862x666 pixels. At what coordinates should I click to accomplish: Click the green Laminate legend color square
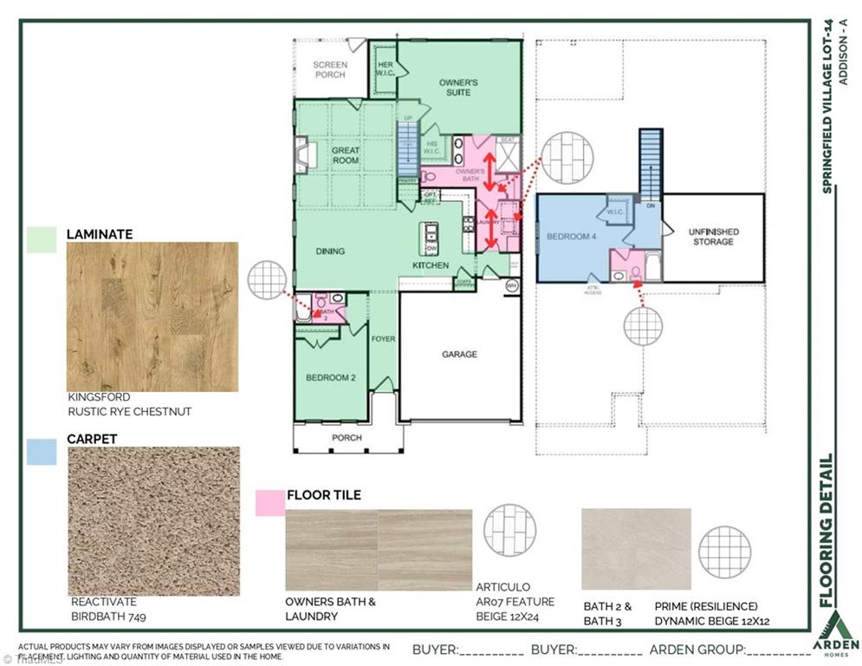pyautogui.click(x=42, y=239)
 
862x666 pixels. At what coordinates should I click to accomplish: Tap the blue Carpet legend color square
pyautogui.click(x=42, y=451)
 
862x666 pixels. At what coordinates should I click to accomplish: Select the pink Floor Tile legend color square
pyautogui.click(x=270, y=503)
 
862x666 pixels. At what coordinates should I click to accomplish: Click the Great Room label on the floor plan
pyautogui.click(x=346, y=155)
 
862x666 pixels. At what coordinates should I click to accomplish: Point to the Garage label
pyautogui.click(x=459, y=354)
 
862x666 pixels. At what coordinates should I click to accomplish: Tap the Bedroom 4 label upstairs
pyautogui.click(x=570, y=236)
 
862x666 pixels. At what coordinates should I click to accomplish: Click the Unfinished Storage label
pyautogui.click(x=712, y=236)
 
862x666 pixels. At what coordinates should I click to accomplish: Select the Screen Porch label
pyautogui.click(x=329, y=69)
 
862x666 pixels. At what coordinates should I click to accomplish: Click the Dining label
pyautogui.click(x=329, y=251)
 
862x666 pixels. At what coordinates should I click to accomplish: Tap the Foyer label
pyautogui.click(x=383, y=338)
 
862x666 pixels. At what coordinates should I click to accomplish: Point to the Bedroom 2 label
pyautogui.click(x=331, y=378)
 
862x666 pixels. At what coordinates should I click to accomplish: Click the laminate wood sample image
pyautogui.click(x=152, y=316)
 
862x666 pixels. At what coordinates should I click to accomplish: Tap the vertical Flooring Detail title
pyautogui.click(x=827, y=531)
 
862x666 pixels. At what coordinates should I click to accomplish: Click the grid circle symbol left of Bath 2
pyautogui.click(x=267, y=279)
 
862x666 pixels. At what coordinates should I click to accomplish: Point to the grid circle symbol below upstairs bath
pyautogui.click(x=643, y=326)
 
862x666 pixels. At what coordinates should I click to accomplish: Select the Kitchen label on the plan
pyautogui.click(x=430, y=265)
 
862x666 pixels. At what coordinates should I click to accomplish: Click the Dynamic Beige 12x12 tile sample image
pyautogui.click(x=636, y=550)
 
